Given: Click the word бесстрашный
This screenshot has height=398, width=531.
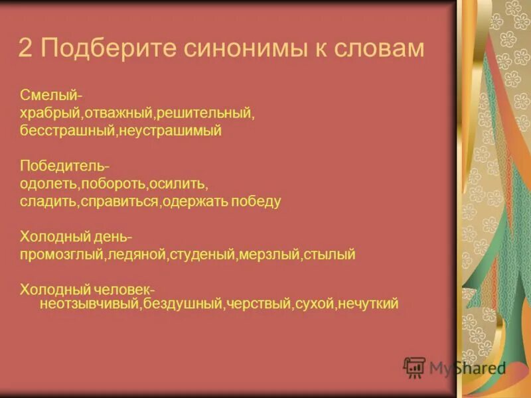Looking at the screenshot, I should click(x=67, y=131).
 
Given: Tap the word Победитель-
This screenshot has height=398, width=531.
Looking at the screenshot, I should click(x=55, y=166).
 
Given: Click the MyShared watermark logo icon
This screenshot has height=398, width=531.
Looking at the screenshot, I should click(x=414, y=367).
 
